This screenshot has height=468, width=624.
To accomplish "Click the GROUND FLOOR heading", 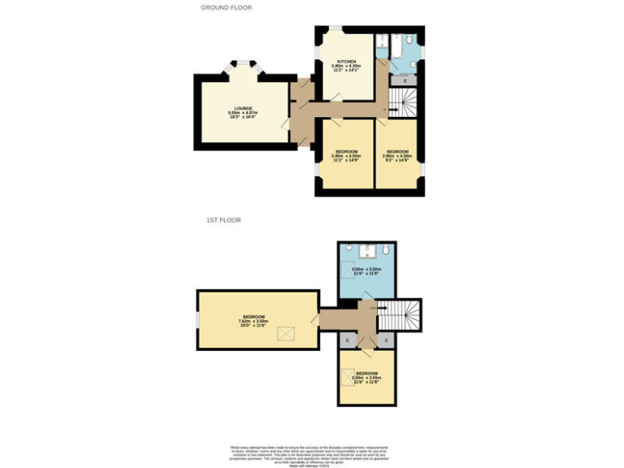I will tap(227, 7).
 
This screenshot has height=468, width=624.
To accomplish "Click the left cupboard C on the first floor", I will tap(347, 340).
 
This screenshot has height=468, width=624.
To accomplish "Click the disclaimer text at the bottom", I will tap(311, 454).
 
